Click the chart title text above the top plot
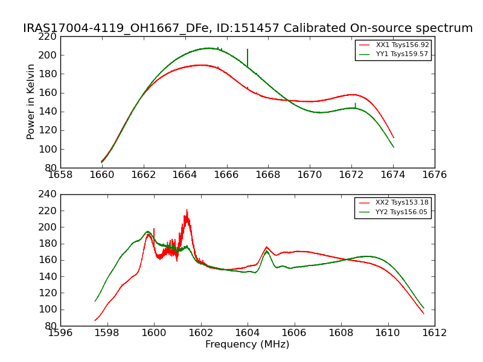(x=248, y=28)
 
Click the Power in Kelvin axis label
(x=31, y=102)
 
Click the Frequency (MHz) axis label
(x=248, y=345)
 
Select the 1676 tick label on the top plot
(x=435, y=175)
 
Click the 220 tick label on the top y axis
(x=50, y=36)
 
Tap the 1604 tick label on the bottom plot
(x=248, y=332)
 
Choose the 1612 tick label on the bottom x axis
(x=435, y=332)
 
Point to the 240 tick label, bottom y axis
(x=50, y=194)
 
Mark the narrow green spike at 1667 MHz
(x=248, y=51)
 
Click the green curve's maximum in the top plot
(x=208, y=48)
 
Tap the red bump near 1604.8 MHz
(x=267, y=247)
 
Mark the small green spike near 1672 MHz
(x=356, y=104)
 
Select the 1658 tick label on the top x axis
(x=60, y=175)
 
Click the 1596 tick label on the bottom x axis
(x=60, y=332)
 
